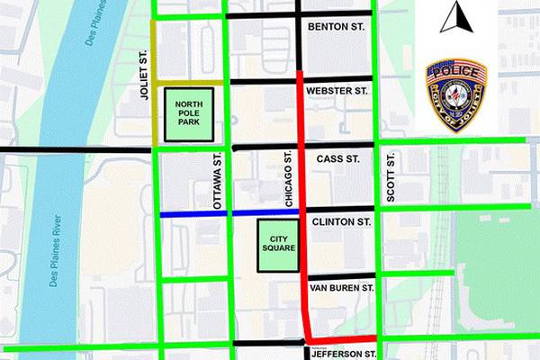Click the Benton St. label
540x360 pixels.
(x=336, y=28)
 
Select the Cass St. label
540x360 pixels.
(x=338, y=159)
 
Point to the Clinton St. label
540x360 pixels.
(x=341, y=221)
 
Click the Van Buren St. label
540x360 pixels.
(x=340, y=288)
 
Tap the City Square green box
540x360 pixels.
(x=278, y=246)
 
